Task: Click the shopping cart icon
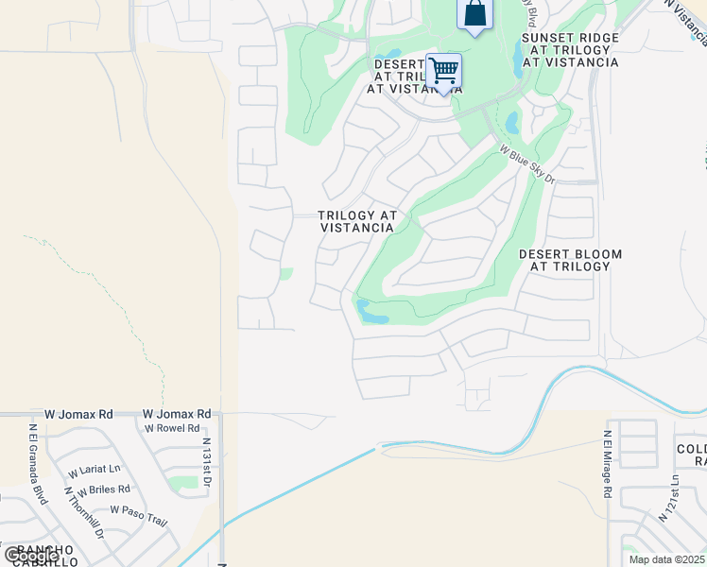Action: (443, 72)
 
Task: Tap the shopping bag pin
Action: (474, 14)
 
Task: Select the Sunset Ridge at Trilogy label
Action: (570, 50)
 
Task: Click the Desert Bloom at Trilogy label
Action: (570, 260)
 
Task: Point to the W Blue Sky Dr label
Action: (526, 163)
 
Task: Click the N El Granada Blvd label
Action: (37, 464)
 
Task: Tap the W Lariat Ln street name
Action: (94, 469)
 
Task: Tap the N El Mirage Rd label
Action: (607, 465)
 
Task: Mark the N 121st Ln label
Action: (672, 498)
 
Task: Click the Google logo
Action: (31, 555)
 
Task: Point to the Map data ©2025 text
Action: (666, 559)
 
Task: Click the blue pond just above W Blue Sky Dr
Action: (512, 123)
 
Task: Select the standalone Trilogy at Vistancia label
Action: (356, 221)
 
